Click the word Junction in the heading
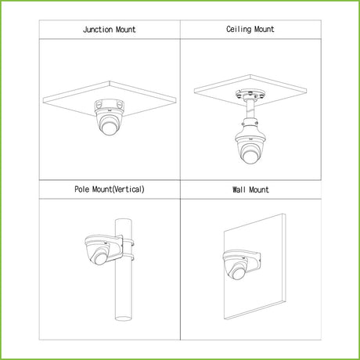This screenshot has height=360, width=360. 98,30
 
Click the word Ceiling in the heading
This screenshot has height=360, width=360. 239,29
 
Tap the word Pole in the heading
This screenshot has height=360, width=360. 82,189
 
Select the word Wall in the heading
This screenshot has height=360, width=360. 239,189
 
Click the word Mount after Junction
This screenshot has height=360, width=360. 126,30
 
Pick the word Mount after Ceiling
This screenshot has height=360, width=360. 265,29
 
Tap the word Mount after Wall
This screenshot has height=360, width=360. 259,189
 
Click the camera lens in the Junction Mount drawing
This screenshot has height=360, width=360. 110,128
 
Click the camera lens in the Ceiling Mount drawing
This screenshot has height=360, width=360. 250,156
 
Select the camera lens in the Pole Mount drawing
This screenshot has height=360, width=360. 100,258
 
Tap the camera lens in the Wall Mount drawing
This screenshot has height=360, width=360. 239,273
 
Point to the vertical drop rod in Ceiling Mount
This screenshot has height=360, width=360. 250,110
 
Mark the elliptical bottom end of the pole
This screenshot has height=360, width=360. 124,319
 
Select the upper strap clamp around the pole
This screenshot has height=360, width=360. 128,243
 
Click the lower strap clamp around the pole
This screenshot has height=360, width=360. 128,257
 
